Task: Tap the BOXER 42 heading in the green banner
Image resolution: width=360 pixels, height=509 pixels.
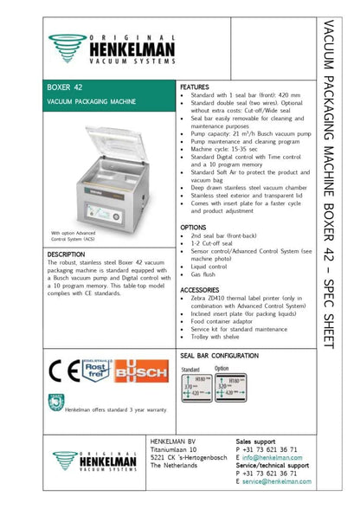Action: tap(67, 88)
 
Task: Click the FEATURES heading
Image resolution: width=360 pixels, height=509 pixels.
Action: tap(196, 87)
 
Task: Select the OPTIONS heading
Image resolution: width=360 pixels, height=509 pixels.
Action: tap(195, 228)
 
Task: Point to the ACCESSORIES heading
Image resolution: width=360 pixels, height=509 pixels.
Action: tap(201, 289)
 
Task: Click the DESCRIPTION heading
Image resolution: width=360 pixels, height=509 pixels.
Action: tap(67, 254)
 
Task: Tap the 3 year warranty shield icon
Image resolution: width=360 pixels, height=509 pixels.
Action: tap(55, 402)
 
